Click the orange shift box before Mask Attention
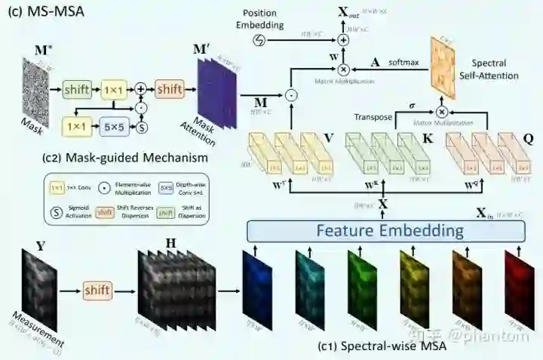pyautogui.click(x=169, y=91)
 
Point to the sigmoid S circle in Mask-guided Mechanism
pyautogui.click(x=140, y=127)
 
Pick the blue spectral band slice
pyautogui.click(x=254, y=291)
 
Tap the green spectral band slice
pyautogui.click(x=358, y=291)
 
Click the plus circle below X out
pyautogui.click(x=344, y=39)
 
